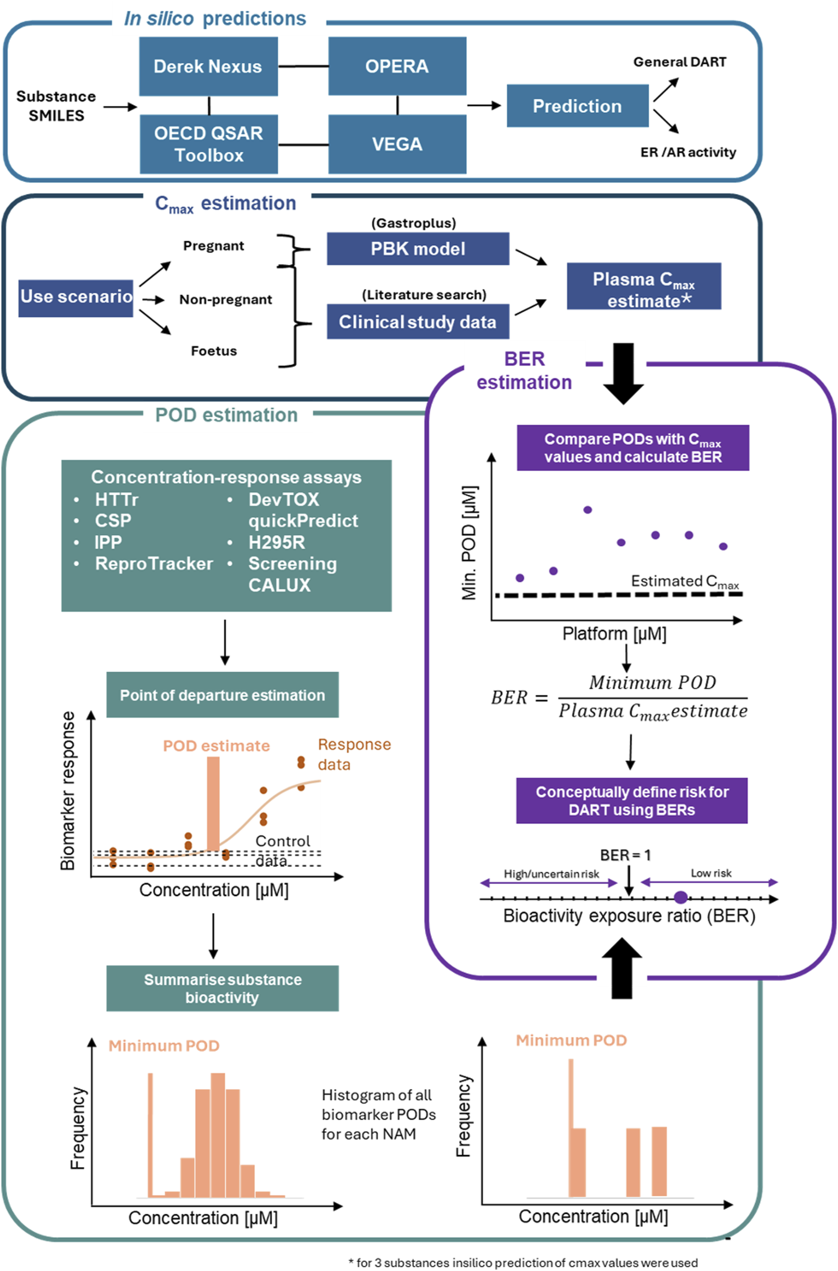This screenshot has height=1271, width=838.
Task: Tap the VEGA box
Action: [397, 144]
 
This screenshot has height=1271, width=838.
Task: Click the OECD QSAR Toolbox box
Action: [208, 144]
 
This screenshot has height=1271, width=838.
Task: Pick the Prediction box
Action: [577, 106]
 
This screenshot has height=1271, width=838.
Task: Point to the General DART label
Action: [679, 62]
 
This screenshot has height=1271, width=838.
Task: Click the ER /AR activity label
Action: [688, 152]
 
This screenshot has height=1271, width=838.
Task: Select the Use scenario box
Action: [76, 297]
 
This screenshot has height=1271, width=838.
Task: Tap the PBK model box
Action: [418, 248]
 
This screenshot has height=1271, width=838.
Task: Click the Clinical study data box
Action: [418, 322]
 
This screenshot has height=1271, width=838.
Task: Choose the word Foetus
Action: [214, 351]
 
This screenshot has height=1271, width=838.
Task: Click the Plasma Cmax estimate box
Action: [644, 286]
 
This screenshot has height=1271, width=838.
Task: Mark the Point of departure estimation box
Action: [222, 695]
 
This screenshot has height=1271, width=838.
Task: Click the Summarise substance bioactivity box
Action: [222, 988]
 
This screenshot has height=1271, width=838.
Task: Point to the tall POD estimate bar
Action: [213, 803]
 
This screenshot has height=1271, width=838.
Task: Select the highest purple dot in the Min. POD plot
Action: [588, 510]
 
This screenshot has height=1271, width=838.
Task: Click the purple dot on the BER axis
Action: [680, 897]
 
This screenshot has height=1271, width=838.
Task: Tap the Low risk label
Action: [711, 873]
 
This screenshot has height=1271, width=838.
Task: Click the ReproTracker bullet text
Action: [154, 564]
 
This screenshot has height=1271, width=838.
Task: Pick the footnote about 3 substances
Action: [522, 1263]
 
